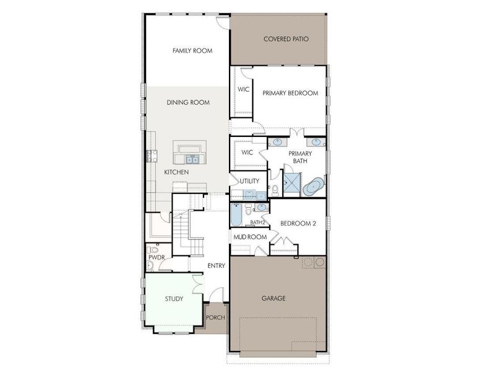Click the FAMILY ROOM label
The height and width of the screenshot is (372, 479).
tap(192, 51)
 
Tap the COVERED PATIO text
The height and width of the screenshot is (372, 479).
tap(286, 39)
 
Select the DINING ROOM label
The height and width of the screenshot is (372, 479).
tap(188, 102)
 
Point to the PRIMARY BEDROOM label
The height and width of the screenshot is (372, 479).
tap(290, 93)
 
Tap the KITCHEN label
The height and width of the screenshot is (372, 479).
tap(176, 172)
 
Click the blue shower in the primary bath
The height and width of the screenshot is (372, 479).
tap(290, 183)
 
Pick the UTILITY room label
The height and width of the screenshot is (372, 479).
tap(249, 181)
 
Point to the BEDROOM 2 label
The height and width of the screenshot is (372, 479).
tap(298, 223)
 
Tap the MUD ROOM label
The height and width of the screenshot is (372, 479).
tap(250, 237)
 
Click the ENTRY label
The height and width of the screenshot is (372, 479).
tap(216, 266)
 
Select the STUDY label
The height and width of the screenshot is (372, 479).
tap(174, 299)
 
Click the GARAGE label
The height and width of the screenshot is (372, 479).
tap(274, 298)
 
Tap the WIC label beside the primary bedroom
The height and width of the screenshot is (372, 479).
tap(243, 90)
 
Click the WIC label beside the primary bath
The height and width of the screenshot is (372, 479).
tap(248, 153)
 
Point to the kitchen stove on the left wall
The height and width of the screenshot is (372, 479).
tap(149, 155)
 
